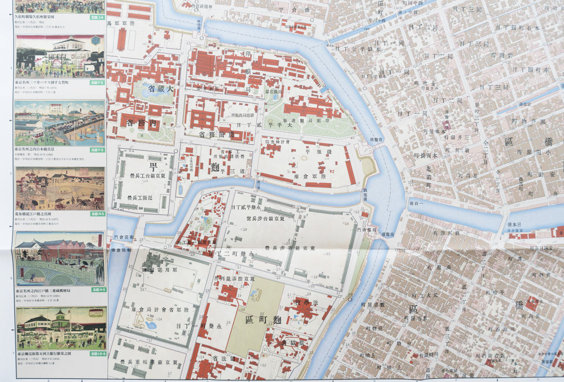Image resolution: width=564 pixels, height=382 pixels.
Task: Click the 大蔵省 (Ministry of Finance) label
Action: coord(158,89)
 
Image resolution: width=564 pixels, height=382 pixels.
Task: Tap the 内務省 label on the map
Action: coord(142,122)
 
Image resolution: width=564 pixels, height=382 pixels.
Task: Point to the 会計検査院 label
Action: coord(277,142)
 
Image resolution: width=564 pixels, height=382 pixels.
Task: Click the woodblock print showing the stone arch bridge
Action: coord(60,259)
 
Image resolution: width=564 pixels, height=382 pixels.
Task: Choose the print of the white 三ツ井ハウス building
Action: coord(60,56)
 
